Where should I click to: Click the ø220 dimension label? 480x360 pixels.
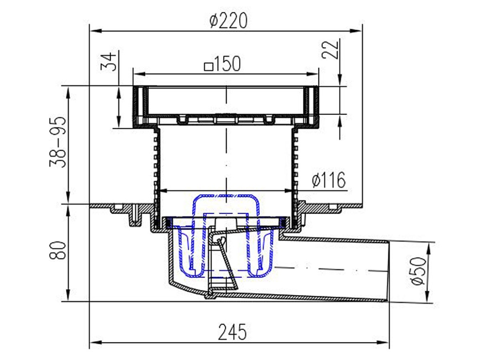[x=229, y=21]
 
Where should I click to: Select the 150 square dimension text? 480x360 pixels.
[x=222, y=64]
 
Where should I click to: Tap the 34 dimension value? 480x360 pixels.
[x=109, y=62]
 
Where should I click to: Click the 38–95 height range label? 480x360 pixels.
[x=58, y=141]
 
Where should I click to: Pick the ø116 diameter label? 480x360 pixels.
[x=329, y=180]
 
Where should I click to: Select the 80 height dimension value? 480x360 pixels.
[x=58, y=251]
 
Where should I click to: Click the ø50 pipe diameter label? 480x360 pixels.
[x=418, y=271]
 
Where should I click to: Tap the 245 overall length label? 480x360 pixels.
[x=232, y=332]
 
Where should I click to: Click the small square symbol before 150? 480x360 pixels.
[x=208, y=66]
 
